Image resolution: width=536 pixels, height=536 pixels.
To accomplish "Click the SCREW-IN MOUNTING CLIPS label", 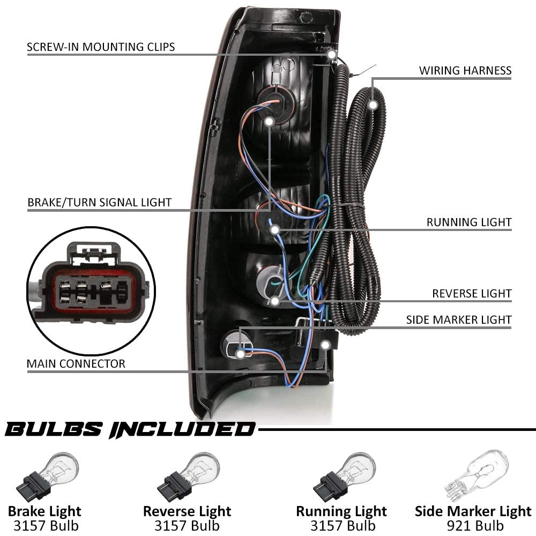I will (101, 47).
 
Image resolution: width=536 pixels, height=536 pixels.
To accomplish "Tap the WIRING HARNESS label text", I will (465, 71).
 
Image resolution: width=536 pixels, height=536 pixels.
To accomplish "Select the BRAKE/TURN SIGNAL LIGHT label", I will (99, 203).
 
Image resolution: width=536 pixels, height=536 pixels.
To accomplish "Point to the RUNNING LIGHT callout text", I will (469, 222).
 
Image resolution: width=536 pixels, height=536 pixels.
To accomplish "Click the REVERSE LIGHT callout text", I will (472, 294).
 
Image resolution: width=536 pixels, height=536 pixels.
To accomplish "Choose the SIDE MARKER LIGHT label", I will (459, 320).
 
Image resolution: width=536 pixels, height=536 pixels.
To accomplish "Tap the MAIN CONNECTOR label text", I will (76, 364).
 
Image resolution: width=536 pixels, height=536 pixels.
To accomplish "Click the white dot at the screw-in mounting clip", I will (332, 55).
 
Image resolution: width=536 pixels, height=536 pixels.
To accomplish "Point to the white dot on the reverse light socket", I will (275, 301).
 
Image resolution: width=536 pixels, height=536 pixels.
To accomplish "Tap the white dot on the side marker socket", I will (241, 354).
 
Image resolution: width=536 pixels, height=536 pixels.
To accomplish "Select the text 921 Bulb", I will (473, 525).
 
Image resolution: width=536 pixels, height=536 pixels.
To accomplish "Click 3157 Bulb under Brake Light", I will (44, 525).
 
